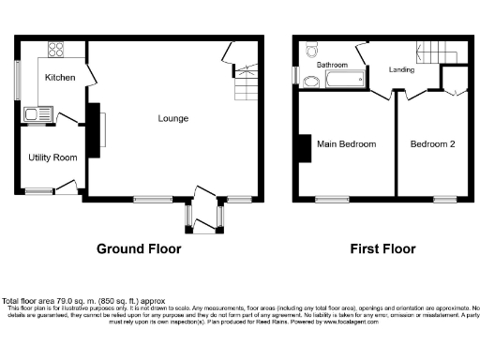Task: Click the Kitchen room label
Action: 59,78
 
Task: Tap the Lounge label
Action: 173,118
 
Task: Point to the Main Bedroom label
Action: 346,144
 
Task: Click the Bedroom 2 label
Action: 432,144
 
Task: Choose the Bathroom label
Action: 332,65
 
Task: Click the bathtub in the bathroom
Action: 343,82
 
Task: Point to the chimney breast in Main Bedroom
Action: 304,150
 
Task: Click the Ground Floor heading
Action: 139,249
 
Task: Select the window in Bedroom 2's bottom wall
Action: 443,199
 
